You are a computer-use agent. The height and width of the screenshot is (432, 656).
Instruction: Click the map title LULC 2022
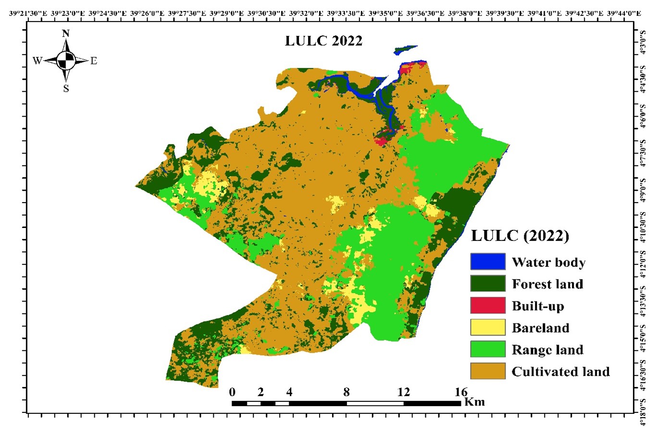(323, 41)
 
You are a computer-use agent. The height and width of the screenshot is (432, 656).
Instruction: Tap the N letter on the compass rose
(66, 34)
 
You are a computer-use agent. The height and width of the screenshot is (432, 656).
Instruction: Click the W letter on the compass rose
(37, 61)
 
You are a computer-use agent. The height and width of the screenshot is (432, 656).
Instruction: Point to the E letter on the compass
(94, 61)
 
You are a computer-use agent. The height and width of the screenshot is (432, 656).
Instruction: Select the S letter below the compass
(66, 89)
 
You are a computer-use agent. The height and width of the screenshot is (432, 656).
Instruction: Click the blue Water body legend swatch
(488, 262)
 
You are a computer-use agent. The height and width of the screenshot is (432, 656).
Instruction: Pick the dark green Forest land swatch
(488, 283)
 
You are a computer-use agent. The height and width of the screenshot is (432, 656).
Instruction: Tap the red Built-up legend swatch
(488, 305)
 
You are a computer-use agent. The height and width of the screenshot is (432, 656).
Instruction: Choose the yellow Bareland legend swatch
(488, 327)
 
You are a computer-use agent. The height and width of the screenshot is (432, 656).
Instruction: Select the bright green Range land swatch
(488, 349)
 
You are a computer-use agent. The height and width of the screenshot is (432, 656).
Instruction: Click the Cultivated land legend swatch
(488, 371)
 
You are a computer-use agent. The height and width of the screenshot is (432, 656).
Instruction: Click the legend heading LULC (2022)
(520, 236)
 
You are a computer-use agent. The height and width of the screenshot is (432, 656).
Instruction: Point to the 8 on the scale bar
(347, 392)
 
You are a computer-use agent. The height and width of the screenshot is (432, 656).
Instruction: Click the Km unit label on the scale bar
(475, 402)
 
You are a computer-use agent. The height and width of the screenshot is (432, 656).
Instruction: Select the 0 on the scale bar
(233, 392)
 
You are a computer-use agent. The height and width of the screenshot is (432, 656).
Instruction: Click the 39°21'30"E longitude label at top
(28, 13)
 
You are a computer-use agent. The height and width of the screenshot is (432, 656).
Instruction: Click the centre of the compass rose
(66, 61)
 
